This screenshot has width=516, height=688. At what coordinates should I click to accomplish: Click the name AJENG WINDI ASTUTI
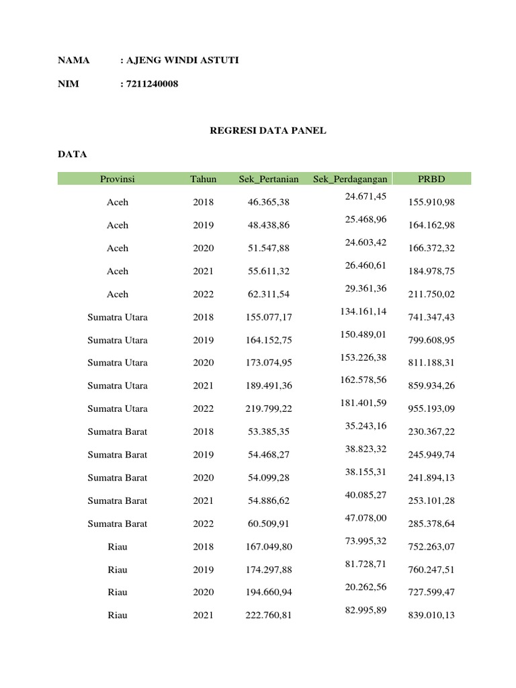(x=182, y=61)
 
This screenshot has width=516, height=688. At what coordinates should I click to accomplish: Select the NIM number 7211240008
(x=153, y=84)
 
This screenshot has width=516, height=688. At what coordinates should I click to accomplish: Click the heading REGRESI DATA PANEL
(x=269, y=131)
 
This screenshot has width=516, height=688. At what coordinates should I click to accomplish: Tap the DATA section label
(x=73, y=155)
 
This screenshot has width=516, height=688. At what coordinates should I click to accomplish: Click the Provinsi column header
(x=118, y=179)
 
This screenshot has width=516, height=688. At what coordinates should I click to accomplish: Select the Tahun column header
(x=203, y=179)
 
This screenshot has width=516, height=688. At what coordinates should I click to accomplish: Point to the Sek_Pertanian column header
(x=269, y=179)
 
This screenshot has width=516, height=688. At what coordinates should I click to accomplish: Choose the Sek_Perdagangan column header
(x=349, y=179)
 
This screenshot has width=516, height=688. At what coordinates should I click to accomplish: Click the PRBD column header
(x=431, y=179)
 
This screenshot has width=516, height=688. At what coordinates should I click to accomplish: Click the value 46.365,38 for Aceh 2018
(x=269, y=202)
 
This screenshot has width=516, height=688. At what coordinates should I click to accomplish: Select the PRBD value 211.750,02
(x=431, y=294)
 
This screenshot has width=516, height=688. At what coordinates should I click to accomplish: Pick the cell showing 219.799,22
(x=269, y=408)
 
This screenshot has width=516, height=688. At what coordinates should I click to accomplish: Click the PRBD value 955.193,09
(x=431, y=408)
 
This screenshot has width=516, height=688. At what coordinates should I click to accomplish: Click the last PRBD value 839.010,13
(x=431, y=615)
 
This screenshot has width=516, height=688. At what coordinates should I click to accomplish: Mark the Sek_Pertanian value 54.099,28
(x=269, y=478)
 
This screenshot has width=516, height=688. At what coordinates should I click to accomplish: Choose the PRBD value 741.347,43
(x=431, y=317)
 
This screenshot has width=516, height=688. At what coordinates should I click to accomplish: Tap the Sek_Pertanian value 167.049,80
(x=269, y=547)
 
